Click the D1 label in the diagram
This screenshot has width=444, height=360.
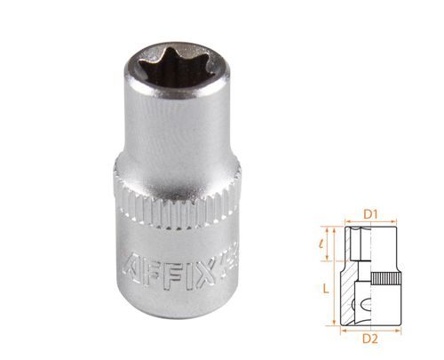(x=372, y=213)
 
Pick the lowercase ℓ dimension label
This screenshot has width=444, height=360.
(x=326, y=241)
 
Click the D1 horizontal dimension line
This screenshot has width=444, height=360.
(x=372, y=222)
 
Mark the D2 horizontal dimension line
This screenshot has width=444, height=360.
(x=372, y=327)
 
